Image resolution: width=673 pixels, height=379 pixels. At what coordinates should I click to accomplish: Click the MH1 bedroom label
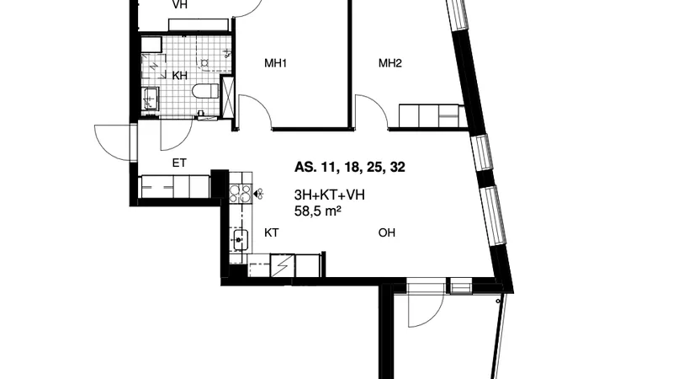coord(275,64)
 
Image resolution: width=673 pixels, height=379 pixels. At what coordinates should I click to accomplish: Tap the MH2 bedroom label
coord(389,64)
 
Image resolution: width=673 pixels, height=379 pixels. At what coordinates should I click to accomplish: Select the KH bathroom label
coord(180,76)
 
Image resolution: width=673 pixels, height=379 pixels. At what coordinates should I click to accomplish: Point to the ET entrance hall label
coord(179,163)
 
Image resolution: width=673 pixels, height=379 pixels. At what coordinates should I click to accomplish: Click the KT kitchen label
coord(271,232)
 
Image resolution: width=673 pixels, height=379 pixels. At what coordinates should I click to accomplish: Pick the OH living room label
coord(386,232)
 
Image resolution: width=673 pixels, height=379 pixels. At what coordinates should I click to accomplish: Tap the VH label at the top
coord(179,5)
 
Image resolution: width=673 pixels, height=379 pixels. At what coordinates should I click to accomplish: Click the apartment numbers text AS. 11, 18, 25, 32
coord(349,167)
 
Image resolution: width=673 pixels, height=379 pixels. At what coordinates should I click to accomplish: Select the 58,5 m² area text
coord(318,211)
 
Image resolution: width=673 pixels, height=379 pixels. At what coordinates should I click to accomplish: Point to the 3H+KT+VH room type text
coord(329,195)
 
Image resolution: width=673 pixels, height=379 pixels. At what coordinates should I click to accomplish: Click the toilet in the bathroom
coord(205,92)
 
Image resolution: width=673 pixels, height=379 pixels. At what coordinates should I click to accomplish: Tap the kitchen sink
coord(241,240)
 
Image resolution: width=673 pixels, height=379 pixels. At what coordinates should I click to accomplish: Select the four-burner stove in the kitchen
coord(240,194)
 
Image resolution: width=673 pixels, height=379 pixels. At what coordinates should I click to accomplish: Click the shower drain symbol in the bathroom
coord(204,64)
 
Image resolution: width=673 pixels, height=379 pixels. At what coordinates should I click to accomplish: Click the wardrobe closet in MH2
coord(432,115)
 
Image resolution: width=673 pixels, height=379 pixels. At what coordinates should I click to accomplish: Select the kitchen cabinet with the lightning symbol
coord(283,265)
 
